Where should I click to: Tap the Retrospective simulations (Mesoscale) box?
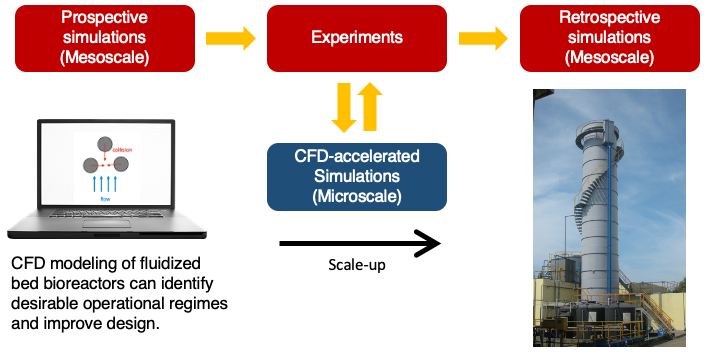(609, 38)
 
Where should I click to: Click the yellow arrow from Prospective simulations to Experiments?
(228, 38)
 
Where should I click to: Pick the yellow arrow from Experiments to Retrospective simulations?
(482, 38)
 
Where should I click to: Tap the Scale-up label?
(356, 267)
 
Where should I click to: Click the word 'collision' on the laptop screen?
(123, 149)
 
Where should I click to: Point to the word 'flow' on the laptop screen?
(105, 199)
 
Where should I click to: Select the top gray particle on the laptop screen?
(105, 140)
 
